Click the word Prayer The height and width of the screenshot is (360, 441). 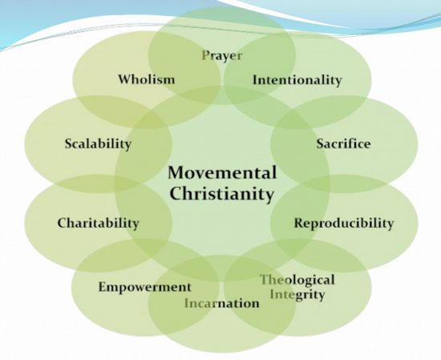pyautogui.click(x=222, y=56)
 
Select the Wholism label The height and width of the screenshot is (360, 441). pyautogui.click(x=146, y=79)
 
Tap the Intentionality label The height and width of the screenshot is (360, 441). pyautogui.click(x=297, y=80)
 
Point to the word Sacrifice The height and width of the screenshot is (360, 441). pyautogui.click(x=343, y=144)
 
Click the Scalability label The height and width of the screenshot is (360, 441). pyautogui.click(x=98, y=144)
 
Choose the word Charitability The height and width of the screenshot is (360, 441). pyautogui.click(x=99, y=224)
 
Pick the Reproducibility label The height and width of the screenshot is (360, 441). pyautogui.click(x=344, y=224)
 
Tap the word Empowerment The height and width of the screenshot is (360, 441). pyautogui.click(x=145, y=287)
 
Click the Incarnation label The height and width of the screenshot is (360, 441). pyautogui.click(x=222, y=303)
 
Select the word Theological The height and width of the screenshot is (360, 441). pyautogui.click(x=297, y=281)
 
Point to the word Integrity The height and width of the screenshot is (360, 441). pyautogui.click(x=297, y=295)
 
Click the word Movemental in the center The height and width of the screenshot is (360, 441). pyautogui.click(x=222, y=172)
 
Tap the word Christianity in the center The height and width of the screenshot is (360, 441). pyautogui.click(x=222, y=194)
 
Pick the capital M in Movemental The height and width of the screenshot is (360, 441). pyautogui.click(x=176, y=172)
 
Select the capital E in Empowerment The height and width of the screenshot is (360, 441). pyautogui.click(x=103, y=287)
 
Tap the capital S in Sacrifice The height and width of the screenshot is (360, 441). pyautogui.click(x=321, y=144)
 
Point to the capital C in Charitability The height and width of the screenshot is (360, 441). pyautogui.click(x=63, y=223)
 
